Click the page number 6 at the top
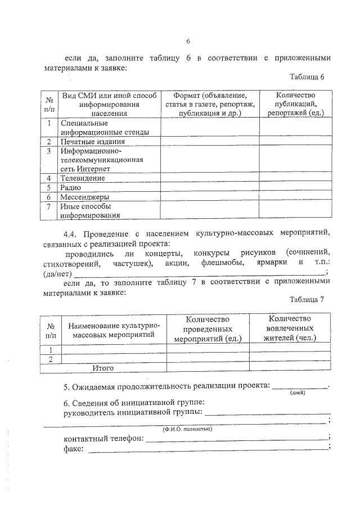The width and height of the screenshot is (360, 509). (x=188, y=40)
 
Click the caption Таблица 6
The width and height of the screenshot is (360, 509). (x=307, y=76)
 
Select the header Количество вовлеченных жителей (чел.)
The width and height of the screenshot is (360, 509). (x=290, y=328)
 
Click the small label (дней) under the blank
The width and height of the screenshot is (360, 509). (x=298, y=393)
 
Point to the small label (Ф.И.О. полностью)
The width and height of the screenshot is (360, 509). (x=187, y=429)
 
